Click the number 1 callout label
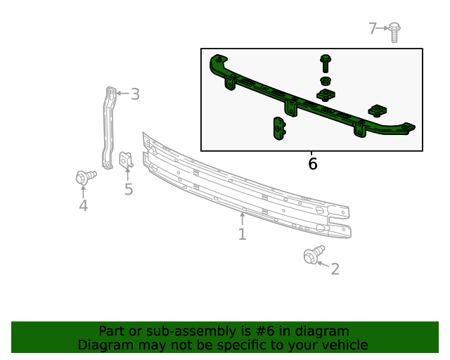[x=242, y=234]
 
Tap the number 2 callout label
[x=335, y=269]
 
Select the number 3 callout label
[x=135, y=94]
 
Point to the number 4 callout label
[x=83, y=205]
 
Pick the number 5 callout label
[x=129, y=189]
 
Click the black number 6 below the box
[x=313, y=164]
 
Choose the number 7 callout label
[x=373, y=28]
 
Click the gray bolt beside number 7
[x=394, y=31]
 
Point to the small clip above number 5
[x=127, y=161]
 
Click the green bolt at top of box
[x=326, y=62]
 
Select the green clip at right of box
[x=378, y=110]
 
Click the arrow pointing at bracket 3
[x=120, y=93]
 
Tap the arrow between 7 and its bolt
[x=384, y=28]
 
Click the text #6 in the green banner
[x=289, y=331]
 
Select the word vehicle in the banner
[x=342, y=345]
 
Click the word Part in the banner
[x=111, y=331]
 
